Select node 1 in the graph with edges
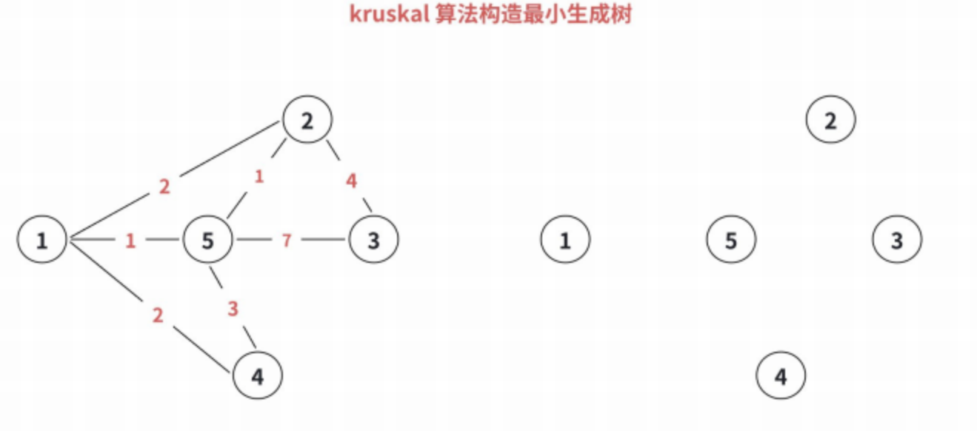pyautogui.click(x=42, y=240)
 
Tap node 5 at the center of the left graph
pyautogui.click(x=208, y=240)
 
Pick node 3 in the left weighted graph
pyautogui.click(x=373, y=240)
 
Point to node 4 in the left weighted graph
pyautogui.click(x=258, y=377)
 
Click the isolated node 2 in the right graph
pyautogui.click(x=830, y=120)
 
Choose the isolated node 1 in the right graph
pyautogui.click(x=565, y=240)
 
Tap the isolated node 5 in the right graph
pyautogui.click(x=731, y=240)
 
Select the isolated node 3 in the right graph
pyautogui.click(x=897, y=240)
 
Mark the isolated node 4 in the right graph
pyautogui.click(x=781, y=377)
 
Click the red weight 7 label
pyautogui.click(x=287, y=241)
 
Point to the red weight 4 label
pyautogui.click(x=352, y=181)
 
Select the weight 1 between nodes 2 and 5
pyautogui.click(x=259, y=177)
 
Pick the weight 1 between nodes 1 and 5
pyautogui.click(x=130, y=241)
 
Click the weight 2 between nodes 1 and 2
pyautogui.click(x=164, y=187)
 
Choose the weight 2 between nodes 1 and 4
pyautogui.click(x=157, y=315)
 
